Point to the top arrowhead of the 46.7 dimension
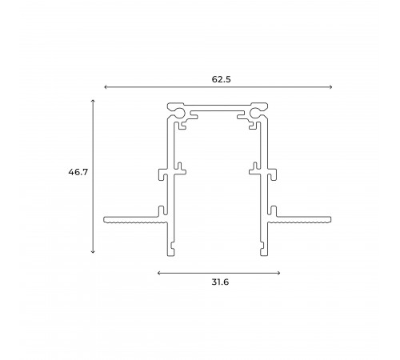[x=94, y=101]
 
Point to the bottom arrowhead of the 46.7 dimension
[x=94, y=252]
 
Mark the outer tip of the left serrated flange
[x=106, y=218]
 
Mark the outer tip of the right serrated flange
[x=330, y=218]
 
